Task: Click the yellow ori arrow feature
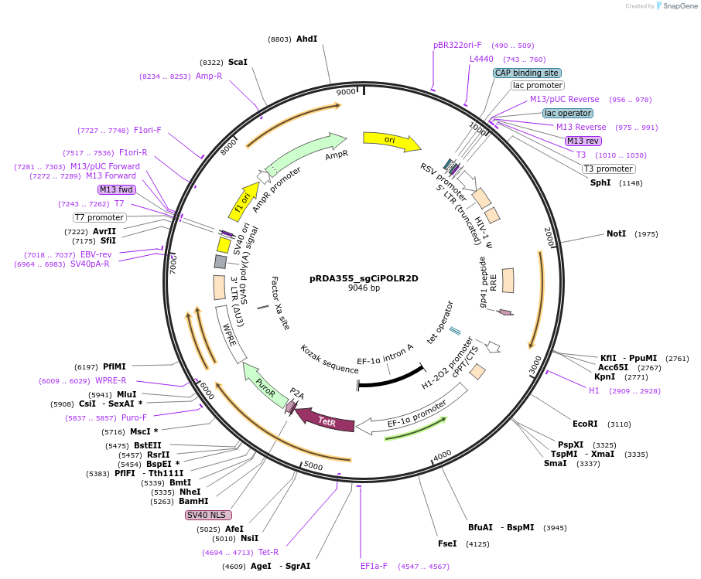tap(392, 141)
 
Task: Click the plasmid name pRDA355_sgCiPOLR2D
tap(364, 278)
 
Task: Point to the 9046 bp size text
tap(364, 288)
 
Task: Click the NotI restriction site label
tap(616, 233)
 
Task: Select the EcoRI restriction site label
tap(585, 424)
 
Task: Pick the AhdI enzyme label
tap(306, 39)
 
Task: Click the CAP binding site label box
tap(526, 73)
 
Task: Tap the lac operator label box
tap(567, 113)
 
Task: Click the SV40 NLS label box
tap(208, 515)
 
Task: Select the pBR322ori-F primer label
tap(457, 45)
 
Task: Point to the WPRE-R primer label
tap(111, 380)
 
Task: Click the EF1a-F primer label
tap(374, 566)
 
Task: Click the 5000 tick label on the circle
tap(313, 465)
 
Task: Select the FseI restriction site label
tap(447, 543)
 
